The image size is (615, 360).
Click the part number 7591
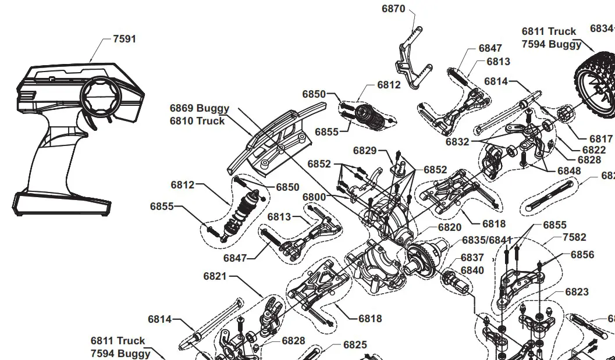point(124,39)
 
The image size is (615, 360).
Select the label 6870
point(393,9)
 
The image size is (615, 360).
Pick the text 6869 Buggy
point(200,108)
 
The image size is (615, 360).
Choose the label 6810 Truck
point(197,121)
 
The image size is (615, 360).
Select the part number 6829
point(365,151)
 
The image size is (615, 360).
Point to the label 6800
point(314,197)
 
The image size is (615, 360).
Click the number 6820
point(450,227)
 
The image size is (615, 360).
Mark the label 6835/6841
point(487,240)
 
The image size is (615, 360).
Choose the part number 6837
point(472,258)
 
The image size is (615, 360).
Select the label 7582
point(574,237)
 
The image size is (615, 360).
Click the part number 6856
point(582,255)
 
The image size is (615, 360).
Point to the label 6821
point(215,276)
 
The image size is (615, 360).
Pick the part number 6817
point(600,138)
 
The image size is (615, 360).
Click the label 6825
point(355,345)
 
